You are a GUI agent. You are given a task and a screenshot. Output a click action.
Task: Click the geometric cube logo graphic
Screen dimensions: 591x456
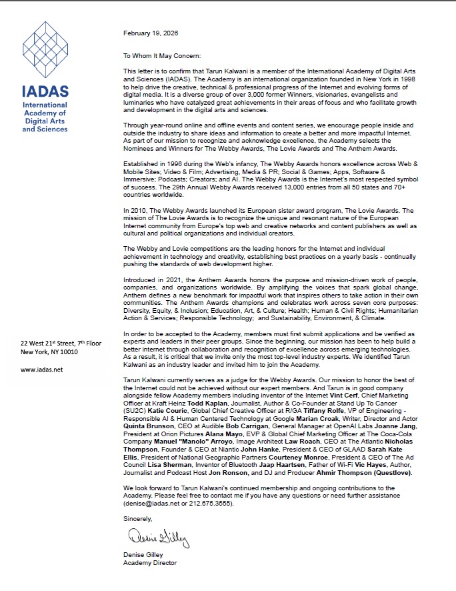(45, 49)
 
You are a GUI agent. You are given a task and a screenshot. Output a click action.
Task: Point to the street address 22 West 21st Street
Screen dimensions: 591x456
(61, 343)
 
